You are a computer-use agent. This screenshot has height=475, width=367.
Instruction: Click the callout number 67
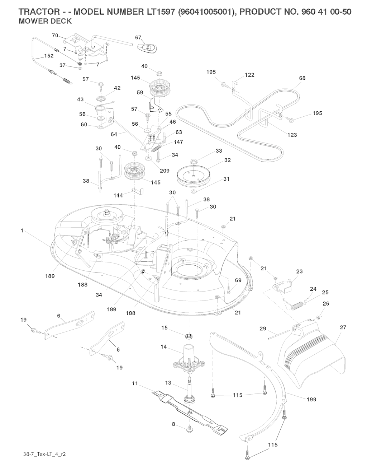(x=138, y=37)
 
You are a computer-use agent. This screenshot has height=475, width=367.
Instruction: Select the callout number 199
(x=311, y=399)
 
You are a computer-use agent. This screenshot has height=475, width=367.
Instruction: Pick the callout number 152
(x=49, y=56)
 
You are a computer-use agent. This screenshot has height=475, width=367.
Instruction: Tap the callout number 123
(x=292, y=135)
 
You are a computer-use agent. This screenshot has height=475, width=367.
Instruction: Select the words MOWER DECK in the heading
(x=45, y=21)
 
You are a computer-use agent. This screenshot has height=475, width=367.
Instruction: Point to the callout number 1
(x=22, y=231)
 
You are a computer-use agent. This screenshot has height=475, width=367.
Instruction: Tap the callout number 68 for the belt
(x=302, y=78)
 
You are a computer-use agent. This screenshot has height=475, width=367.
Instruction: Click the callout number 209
(x=165, y=171)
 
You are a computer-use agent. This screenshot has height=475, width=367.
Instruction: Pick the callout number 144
(x=118, y=195)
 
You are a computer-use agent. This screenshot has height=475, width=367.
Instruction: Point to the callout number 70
(x=55, y=35)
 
